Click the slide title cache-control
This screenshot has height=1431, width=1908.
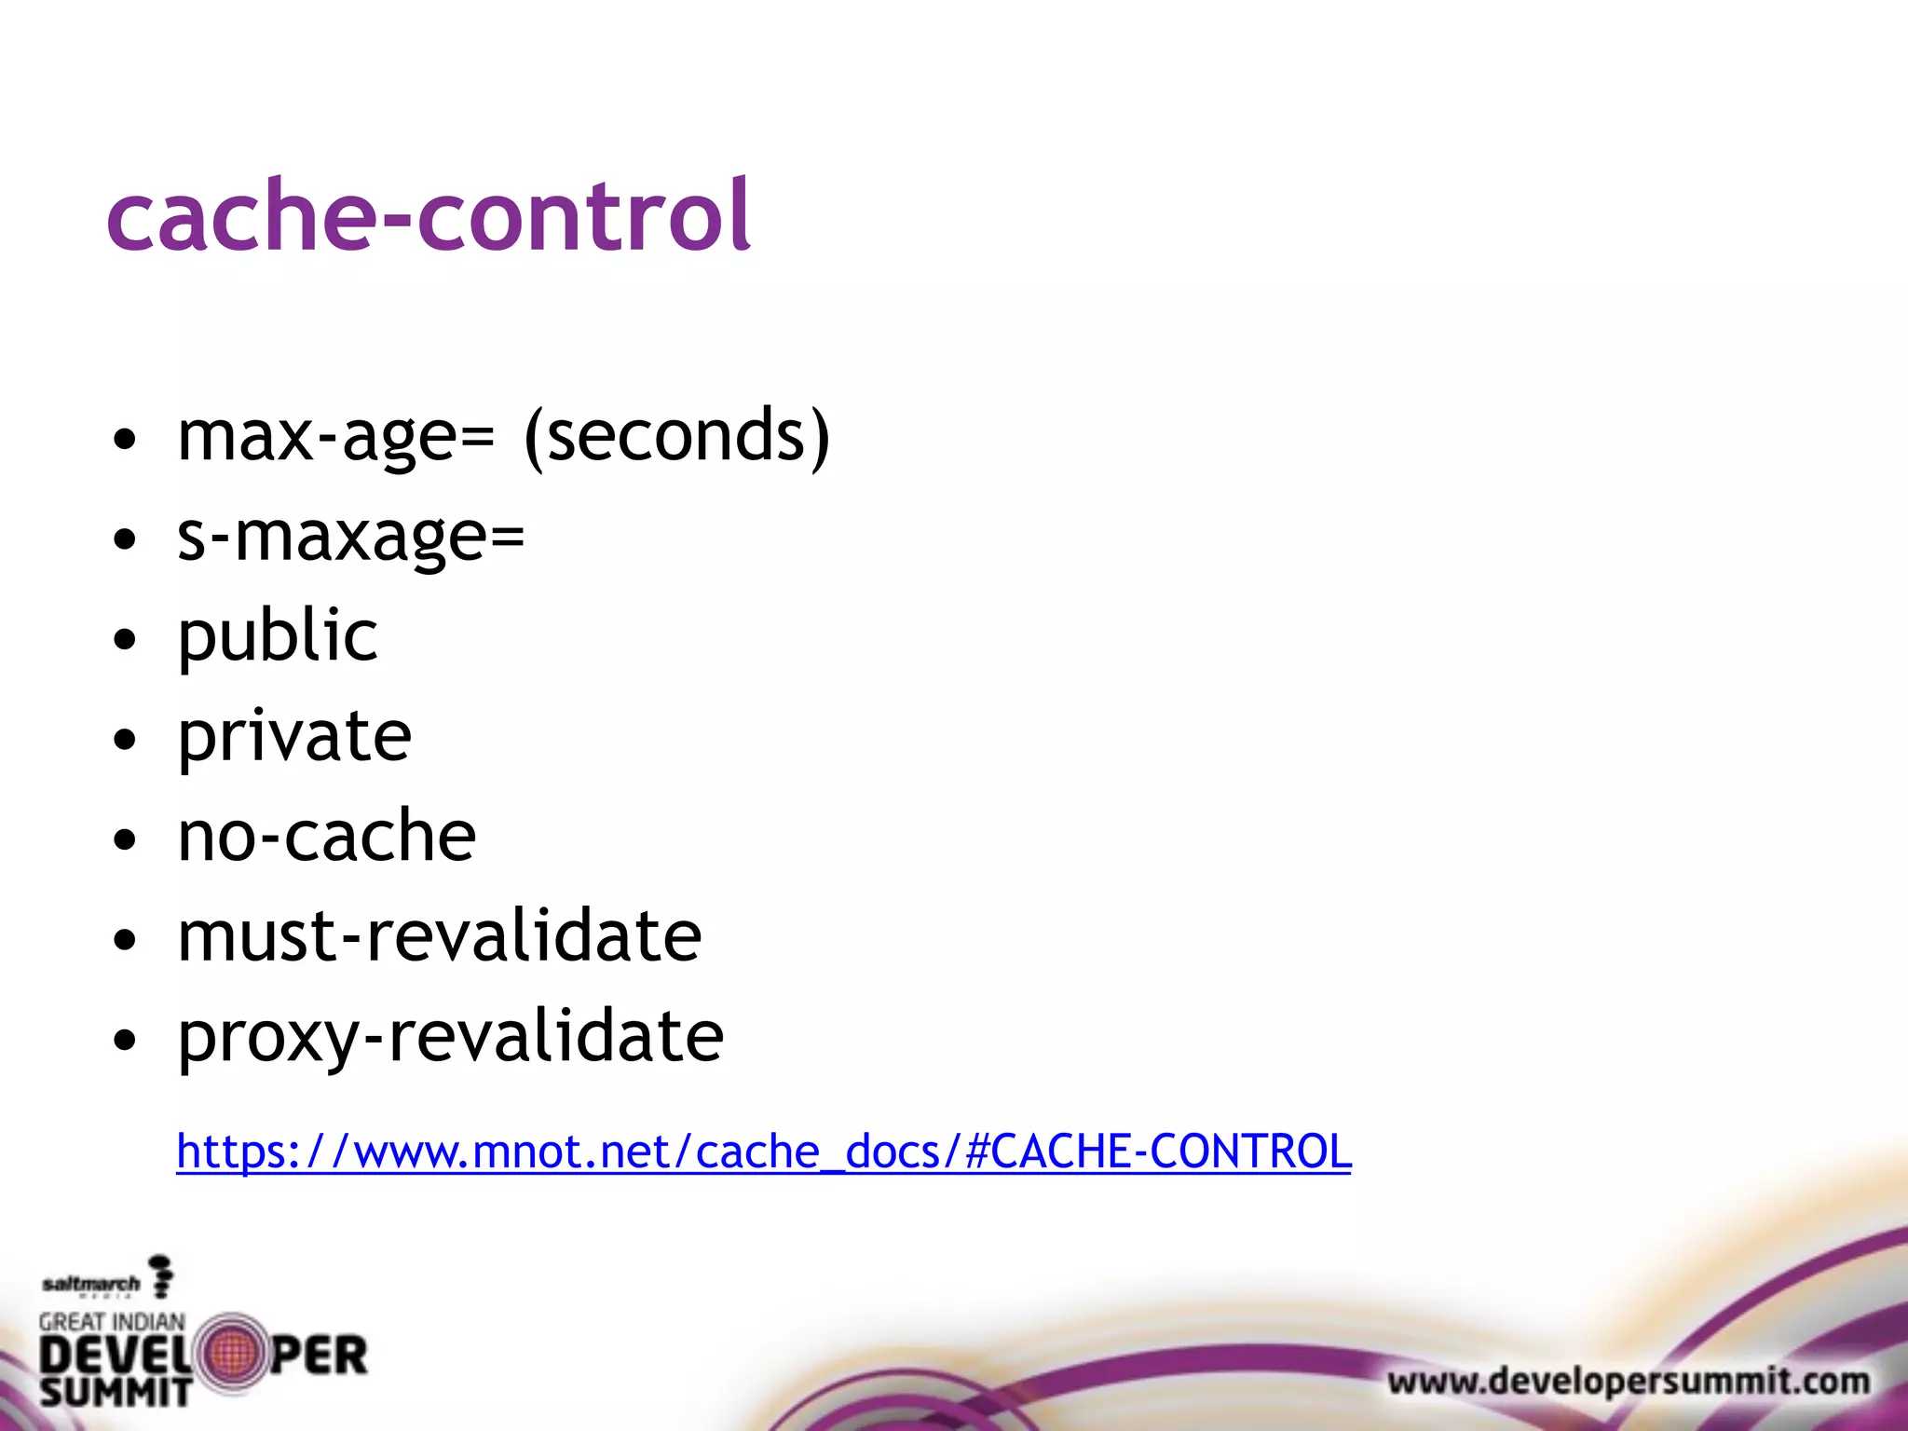point(429,216)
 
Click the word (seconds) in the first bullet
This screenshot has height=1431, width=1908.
point(676,436)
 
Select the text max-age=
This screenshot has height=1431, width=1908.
point(335,436)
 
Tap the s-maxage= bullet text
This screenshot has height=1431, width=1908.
point(351,538)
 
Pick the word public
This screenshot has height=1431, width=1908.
point(278,637)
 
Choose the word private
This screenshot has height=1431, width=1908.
point(294,737)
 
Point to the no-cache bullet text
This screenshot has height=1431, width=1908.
point(326,836)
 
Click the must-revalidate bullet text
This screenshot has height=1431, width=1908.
point(439,936)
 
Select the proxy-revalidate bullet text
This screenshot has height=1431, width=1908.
point(450,1036)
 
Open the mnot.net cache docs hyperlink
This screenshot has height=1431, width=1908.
point(763,1152)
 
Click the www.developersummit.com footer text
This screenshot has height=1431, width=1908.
point(1629,1381)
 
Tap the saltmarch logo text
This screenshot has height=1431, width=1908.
point(90,1285)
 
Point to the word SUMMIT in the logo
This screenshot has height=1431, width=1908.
point(116,1393)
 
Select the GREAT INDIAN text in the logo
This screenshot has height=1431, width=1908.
point(112,1321)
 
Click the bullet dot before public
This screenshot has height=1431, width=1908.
point(124,640)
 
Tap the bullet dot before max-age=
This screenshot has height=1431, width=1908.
point(124,439)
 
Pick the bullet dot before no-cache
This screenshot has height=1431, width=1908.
point(124,839)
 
